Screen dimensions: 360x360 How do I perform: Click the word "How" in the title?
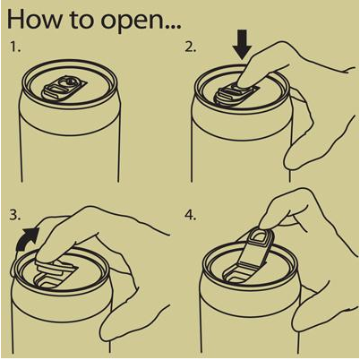(35, 19)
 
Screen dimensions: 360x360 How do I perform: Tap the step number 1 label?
(15, 47)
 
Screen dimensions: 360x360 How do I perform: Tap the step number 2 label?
(190, 47)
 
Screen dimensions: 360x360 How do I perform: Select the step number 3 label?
(14, 215)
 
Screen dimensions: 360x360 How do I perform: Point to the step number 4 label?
(190, 215)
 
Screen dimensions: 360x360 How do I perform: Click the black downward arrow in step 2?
(242, 44)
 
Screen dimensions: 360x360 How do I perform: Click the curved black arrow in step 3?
(27, 239)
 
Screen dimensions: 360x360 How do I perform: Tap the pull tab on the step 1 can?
(64, 87)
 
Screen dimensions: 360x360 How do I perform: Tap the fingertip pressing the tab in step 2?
(245, 80)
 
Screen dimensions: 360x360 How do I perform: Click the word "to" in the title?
(83, 20)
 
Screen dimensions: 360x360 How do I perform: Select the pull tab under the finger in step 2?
(236, 94)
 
